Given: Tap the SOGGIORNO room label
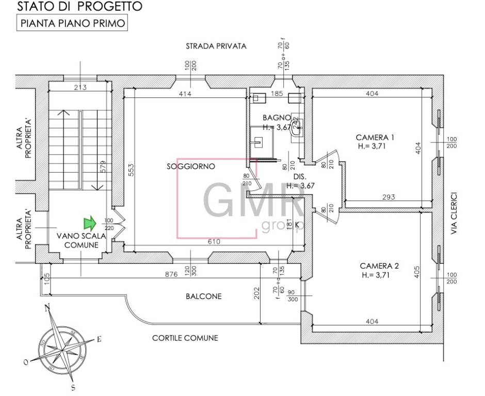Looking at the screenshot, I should pos(190,167).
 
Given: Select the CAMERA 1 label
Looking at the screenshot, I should pos(375,138).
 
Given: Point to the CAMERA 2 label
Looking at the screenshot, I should pos(379,266).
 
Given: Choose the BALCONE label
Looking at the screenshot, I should pos(204,296).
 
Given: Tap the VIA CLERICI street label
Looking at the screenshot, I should pos(454,213).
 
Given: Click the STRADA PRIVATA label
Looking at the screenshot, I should pos(216,46).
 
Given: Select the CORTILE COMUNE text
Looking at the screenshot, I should pos(185,338).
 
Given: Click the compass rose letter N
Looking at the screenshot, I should pos(47,308).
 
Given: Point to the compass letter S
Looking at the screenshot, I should pos(73,387).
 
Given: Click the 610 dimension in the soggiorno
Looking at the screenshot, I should pos(214,241).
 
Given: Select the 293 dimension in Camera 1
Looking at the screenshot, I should pos(389,197).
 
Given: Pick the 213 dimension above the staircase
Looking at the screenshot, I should pos(80,87).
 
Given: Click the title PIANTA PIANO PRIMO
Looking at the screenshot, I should pos(72,24).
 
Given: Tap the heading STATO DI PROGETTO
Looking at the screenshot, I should pos(79,7).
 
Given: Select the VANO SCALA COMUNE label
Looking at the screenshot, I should pos(81,240).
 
